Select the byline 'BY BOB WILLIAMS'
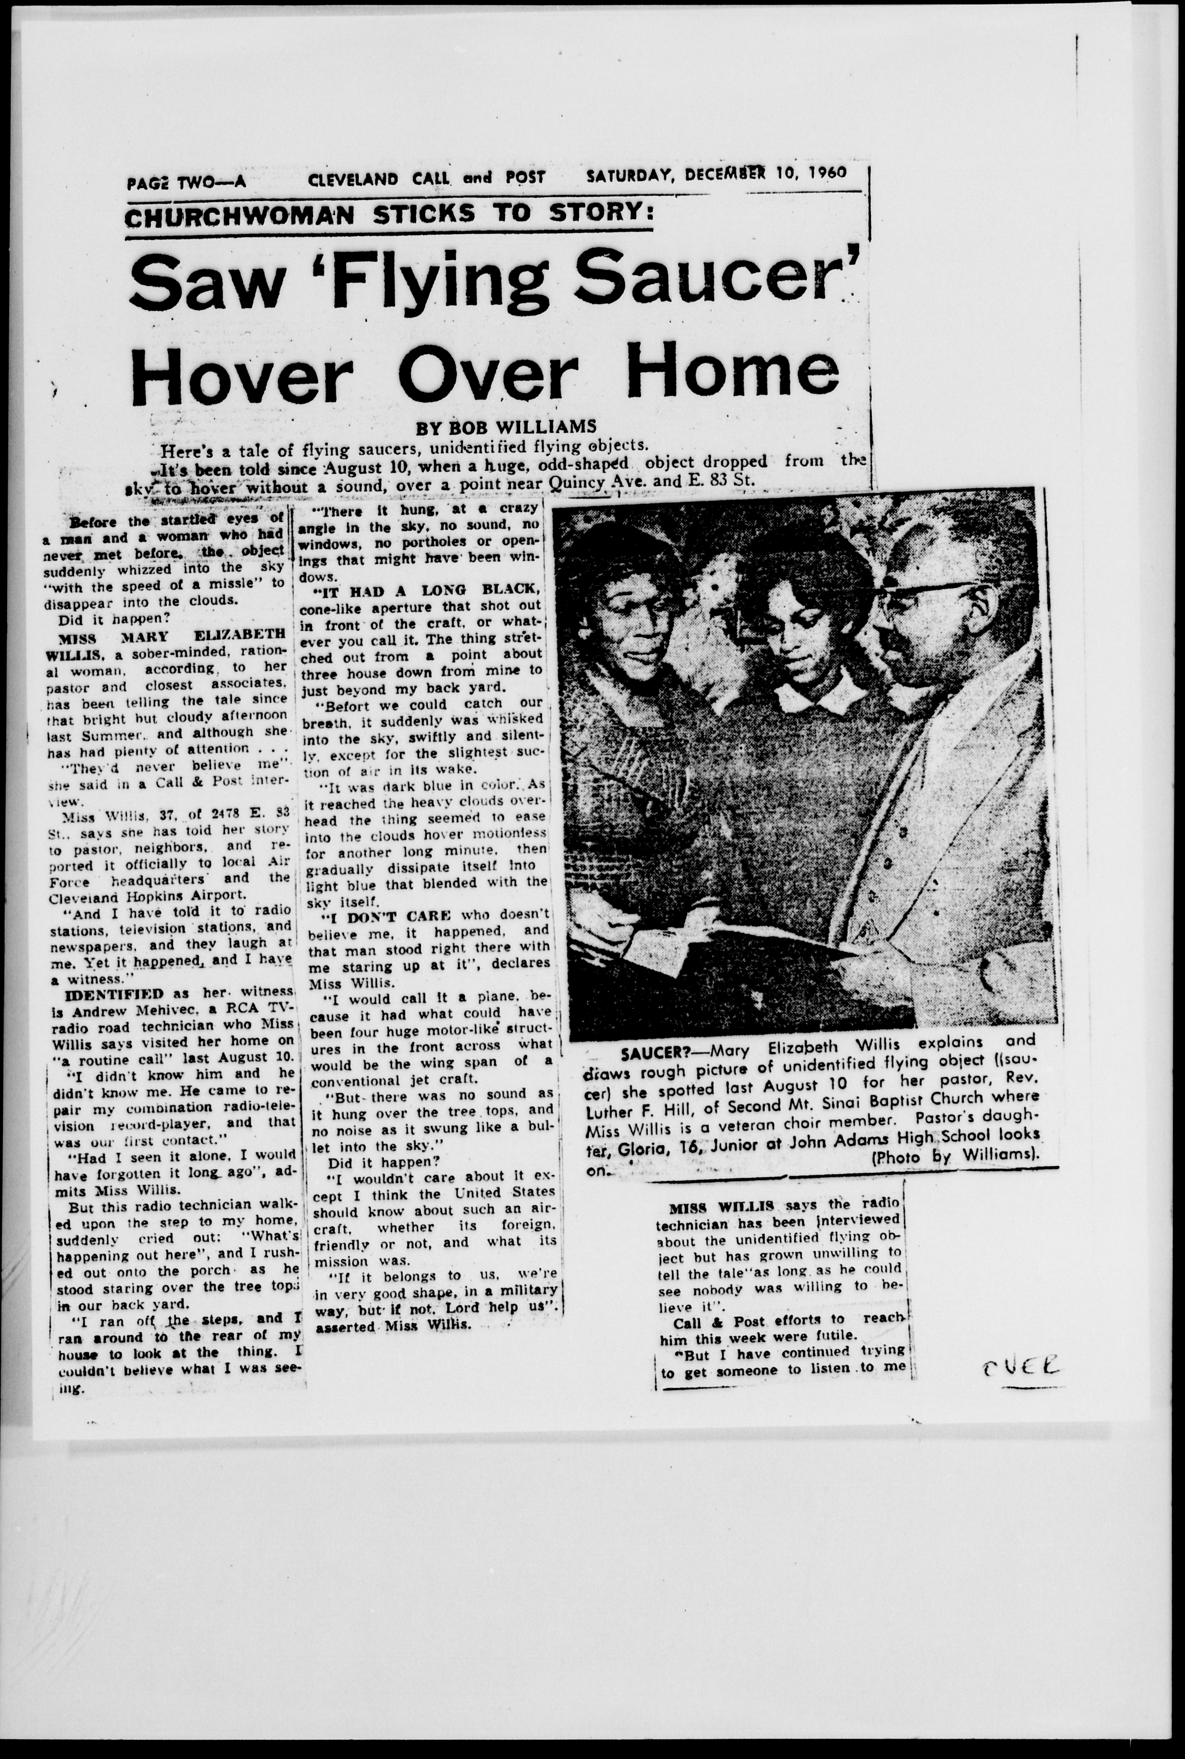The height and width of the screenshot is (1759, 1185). pyautogui.click(x=506, y=426)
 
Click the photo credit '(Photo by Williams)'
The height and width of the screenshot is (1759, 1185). pyautogui.click(x=955, y=1156)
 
